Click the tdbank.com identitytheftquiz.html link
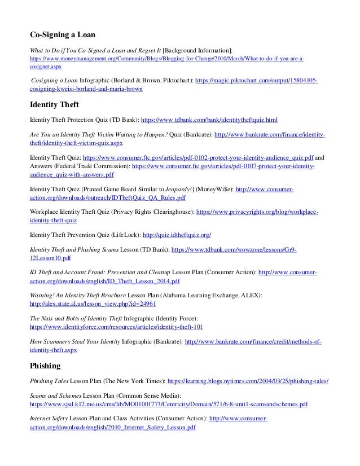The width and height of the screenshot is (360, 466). (208, 120)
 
